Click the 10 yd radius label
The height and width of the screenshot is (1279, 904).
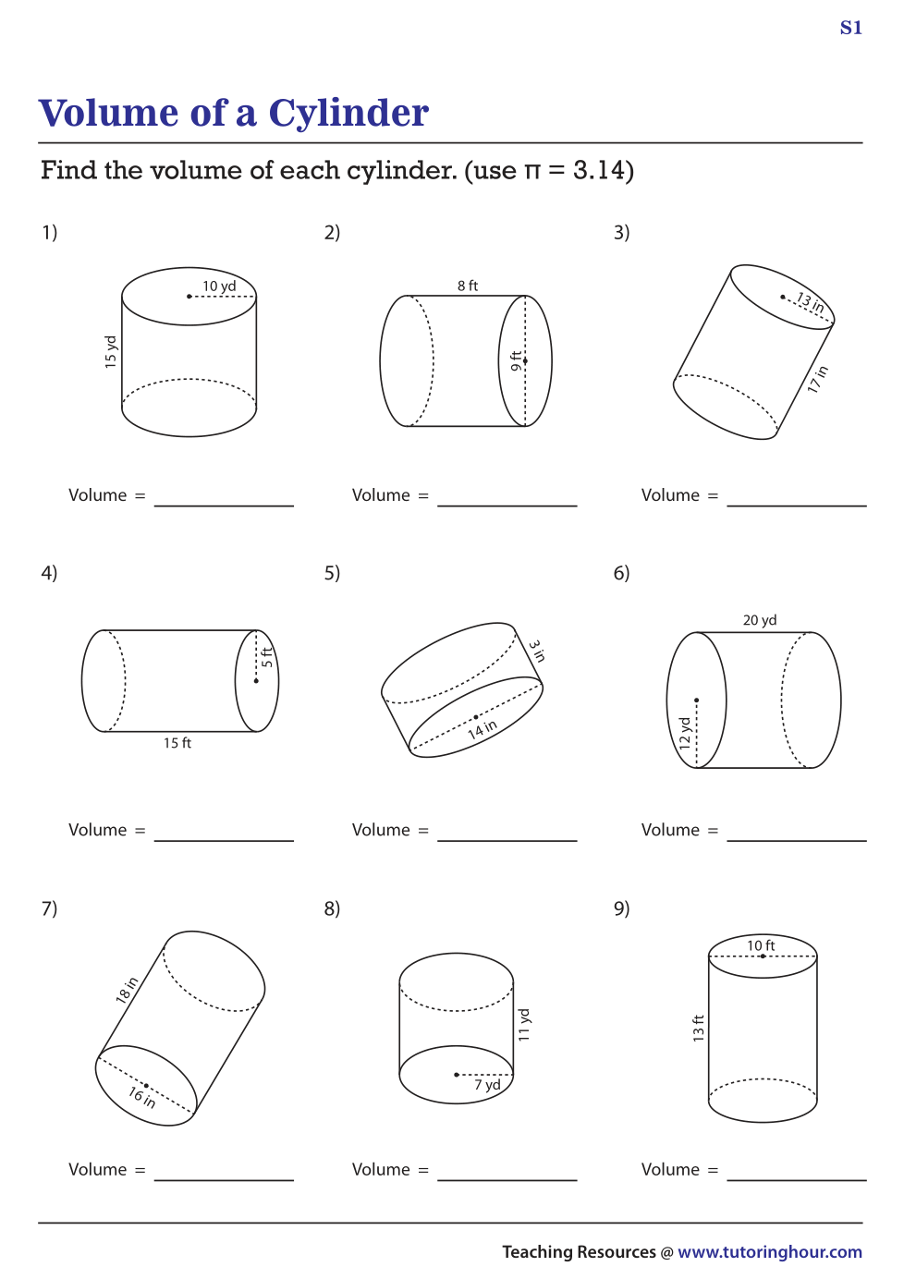point(219,286)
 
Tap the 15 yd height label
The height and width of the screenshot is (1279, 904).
point(110,352)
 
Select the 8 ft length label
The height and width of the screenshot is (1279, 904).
point(467,286)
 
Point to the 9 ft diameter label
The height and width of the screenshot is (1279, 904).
point(516,360)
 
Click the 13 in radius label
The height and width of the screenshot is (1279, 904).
point(810,302)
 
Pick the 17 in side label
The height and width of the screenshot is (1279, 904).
point(817,379)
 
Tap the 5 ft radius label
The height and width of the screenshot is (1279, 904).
point(267,657)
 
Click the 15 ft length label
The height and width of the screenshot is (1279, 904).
point(177,743)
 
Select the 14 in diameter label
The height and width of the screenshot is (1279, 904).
point(483,729)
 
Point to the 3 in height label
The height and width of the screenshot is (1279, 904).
point(537,651)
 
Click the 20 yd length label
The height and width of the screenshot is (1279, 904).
point(760,620)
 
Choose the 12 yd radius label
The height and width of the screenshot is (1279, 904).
point(685,733)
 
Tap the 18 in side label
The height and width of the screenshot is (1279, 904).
point(127,990)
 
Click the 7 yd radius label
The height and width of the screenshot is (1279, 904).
point(487,1084)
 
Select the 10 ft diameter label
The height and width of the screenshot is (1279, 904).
point(761,945)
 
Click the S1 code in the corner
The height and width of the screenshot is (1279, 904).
point(851,28)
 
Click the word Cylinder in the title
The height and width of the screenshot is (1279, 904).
point(348,114)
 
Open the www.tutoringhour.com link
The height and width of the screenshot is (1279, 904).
point(770,1251)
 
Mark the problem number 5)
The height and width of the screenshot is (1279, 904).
point(332,573)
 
